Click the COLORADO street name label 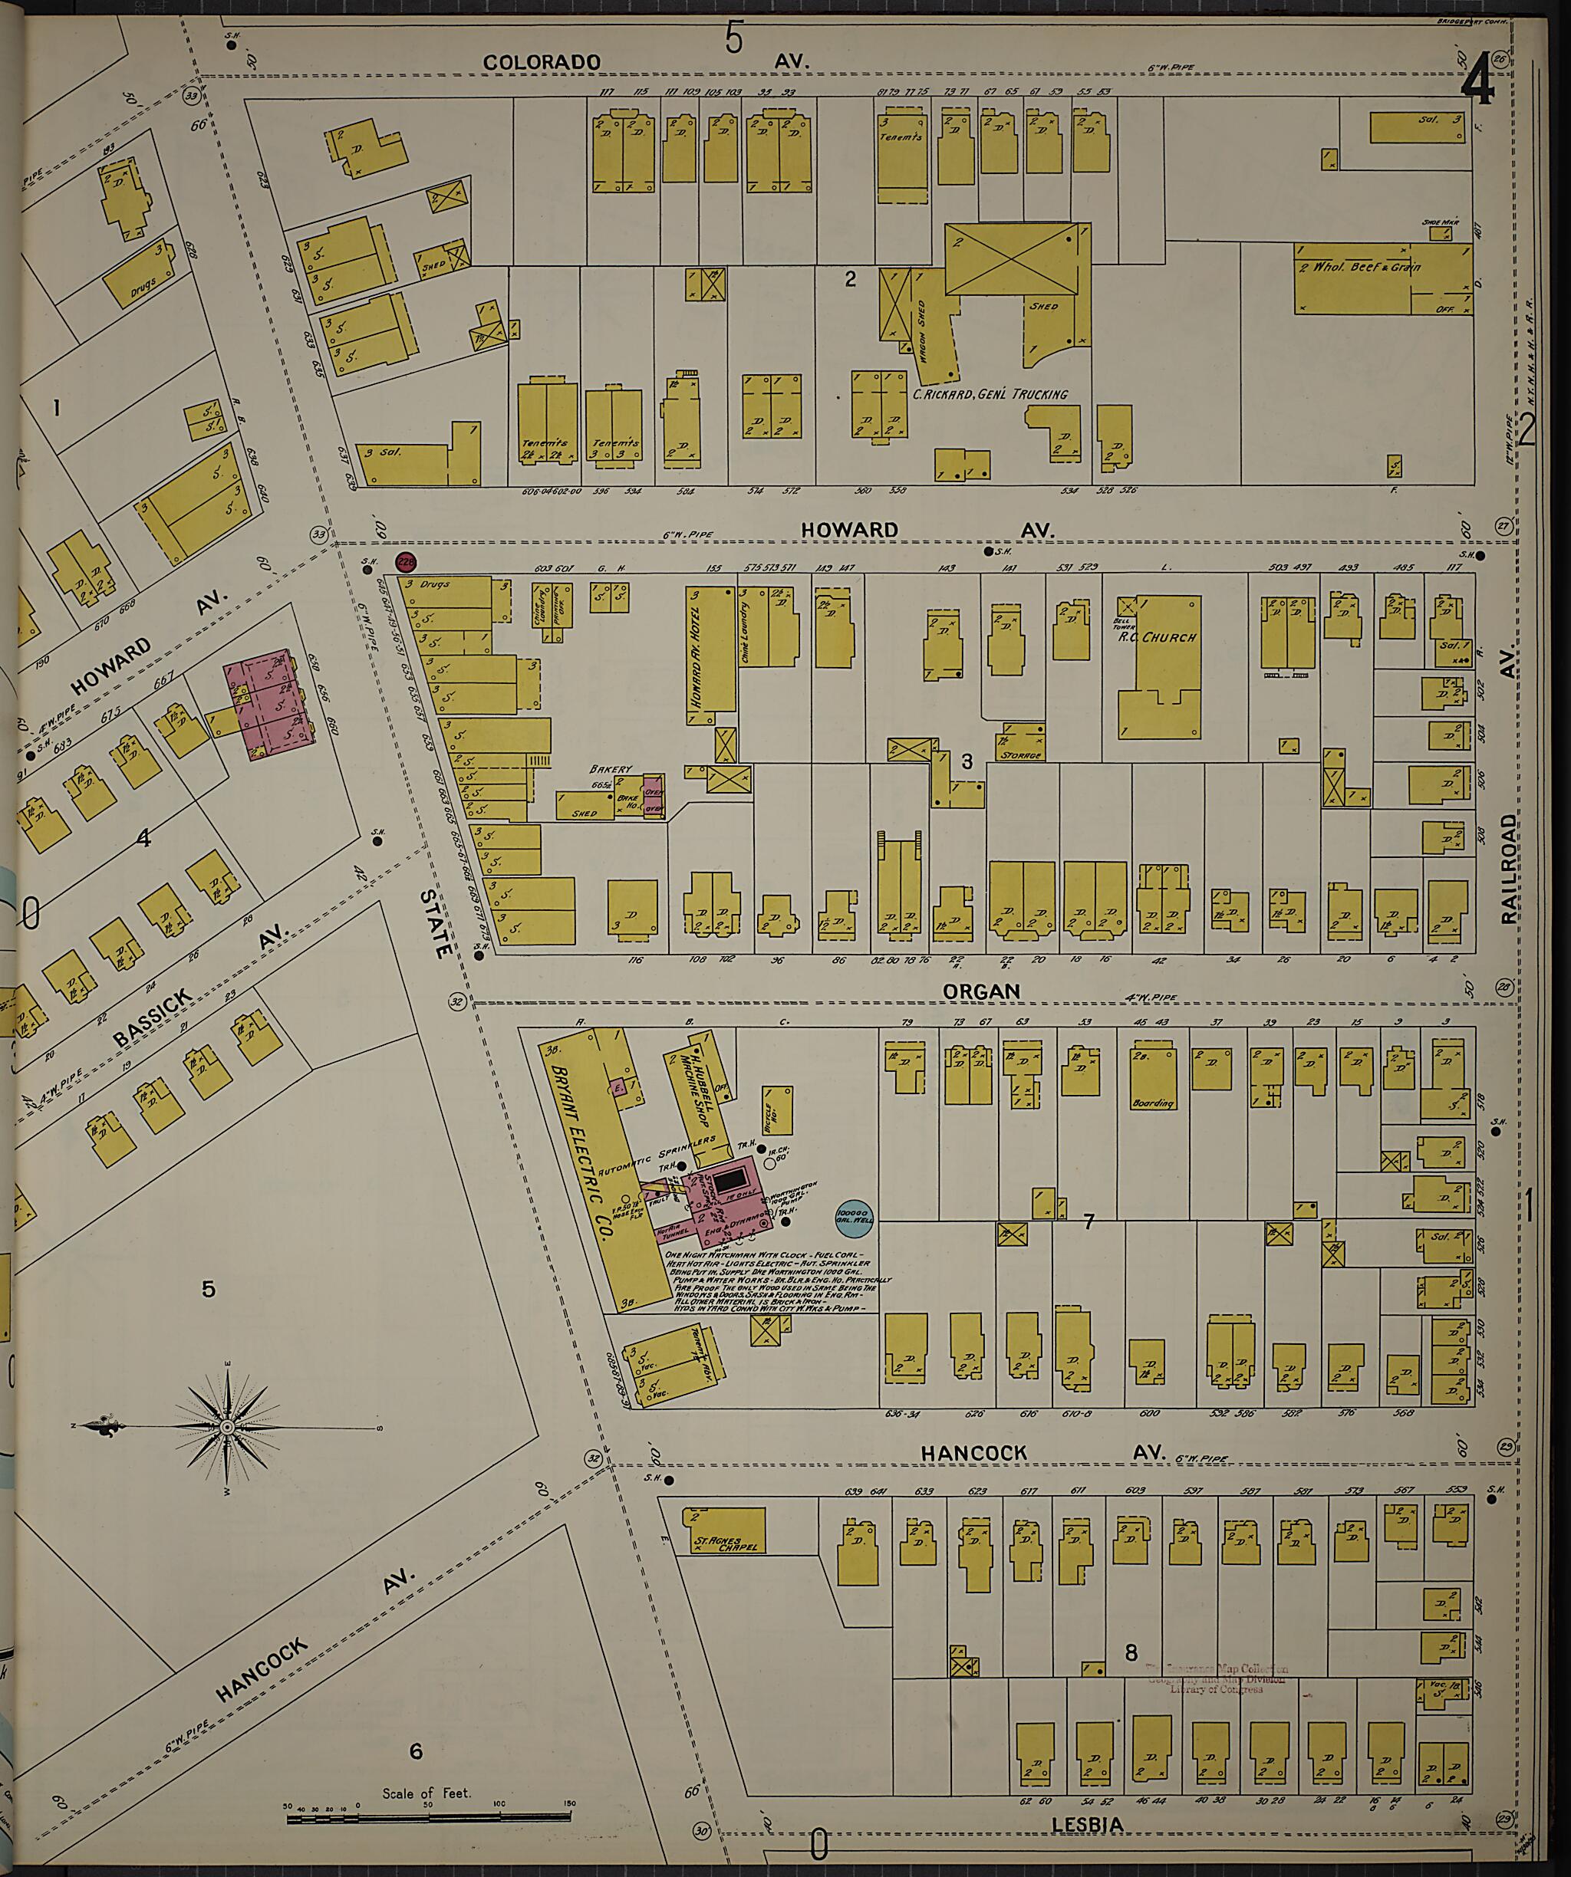click(x=542, y=61)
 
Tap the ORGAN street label click(x=982, y=991)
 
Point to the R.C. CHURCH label click(x=1166, y=638)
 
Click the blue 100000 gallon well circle click(x=857, y=1218)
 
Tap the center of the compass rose click(x=228, y=1428)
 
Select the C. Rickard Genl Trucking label click(x=989, y=393)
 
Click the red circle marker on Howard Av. click(x=407, y=562)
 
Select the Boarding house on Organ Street click(x=1152, y=1079)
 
